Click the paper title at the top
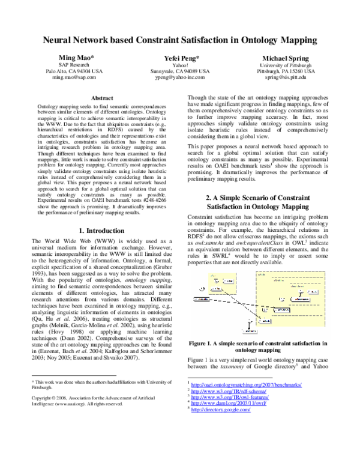180,40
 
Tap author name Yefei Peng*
180,56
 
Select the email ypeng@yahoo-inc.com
180,78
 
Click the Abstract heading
101,97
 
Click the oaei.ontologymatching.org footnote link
247,384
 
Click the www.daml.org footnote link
228,404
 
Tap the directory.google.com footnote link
221,410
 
